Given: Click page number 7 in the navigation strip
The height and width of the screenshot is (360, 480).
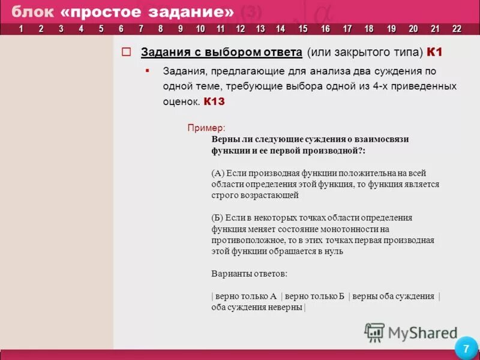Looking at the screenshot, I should click(140, 29).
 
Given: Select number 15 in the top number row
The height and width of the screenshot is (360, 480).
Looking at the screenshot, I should click(302, 29).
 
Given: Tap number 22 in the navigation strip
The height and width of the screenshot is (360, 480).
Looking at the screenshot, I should click(457, 29).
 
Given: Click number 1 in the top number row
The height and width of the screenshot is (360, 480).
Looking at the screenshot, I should click(22, 29).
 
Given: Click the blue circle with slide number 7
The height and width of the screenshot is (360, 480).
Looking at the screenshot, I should click(466, 349).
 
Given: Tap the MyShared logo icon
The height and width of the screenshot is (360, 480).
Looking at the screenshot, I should click(374, 332).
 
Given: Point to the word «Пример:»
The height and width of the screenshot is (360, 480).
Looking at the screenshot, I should click(206, 128).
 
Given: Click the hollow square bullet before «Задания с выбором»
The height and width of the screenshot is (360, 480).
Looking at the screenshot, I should click(126, 52).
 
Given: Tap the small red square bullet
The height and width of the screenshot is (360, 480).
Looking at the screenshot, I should click(147, 70).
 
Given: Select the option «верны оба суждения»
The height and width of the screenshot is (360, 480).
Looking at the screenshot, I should click(393, 296).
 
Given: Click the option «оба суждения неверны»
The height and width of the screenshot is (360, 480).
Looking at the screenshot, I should click(257, 307).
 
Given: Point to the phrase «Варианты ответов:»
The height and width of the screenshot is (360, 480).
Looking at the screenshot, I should click(249, 274).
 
